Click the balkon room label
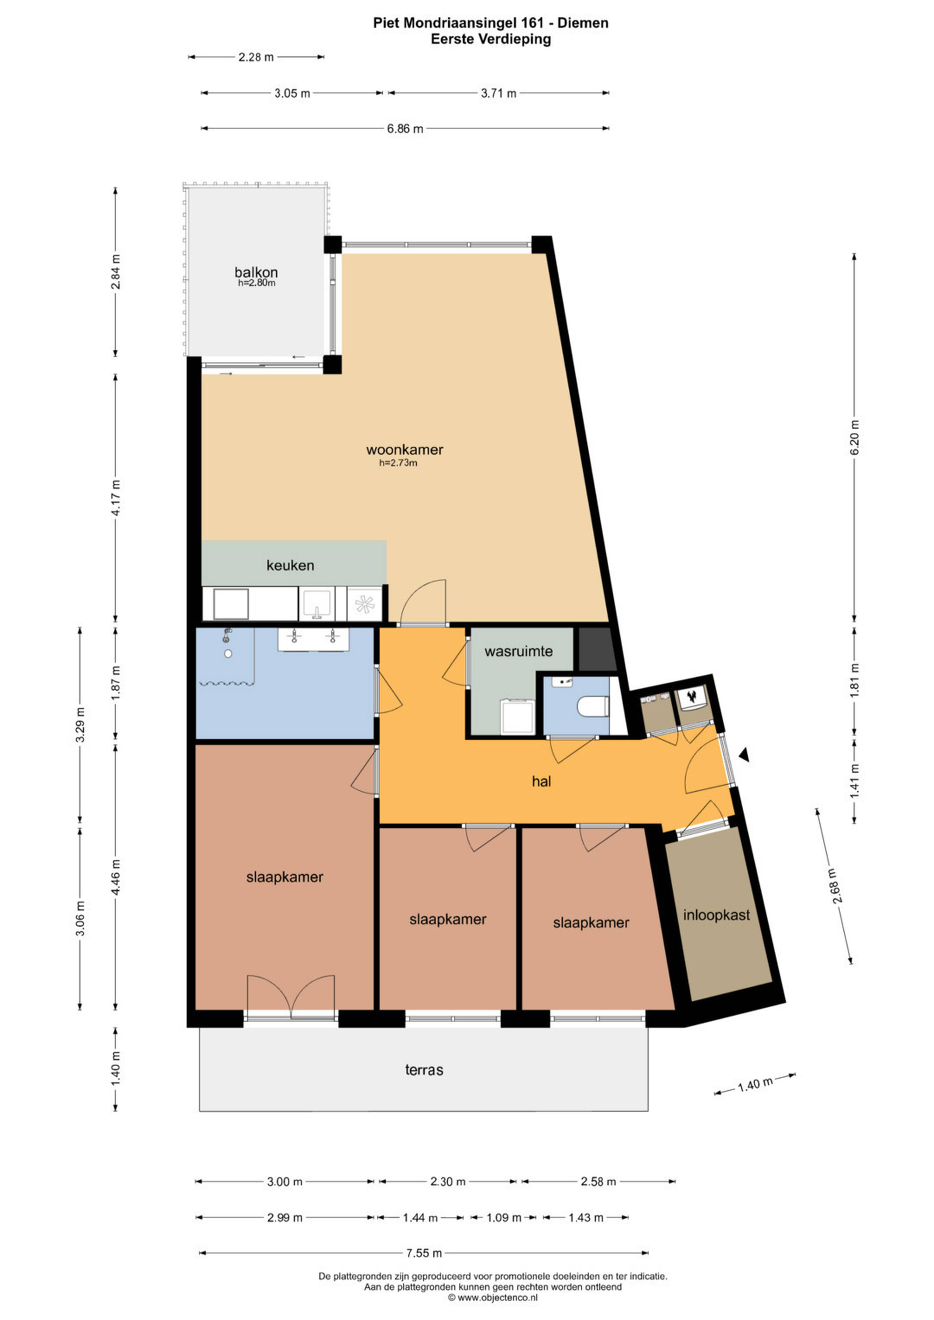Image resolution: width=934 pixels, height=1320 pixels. pos(256,272)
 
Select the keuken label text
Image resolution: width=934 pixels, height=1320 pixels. pos(290,565)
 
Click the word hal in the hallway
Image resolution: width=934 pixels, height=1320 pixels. pos(541,781)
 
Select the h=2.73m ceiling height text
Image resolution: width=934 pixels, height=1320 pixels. pos(398,463)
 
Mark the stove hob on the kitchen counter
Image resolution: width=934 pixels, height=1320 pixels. pos(365,604)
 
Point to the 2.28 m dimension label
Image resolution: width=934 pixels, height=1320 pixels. pos(256,57)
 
